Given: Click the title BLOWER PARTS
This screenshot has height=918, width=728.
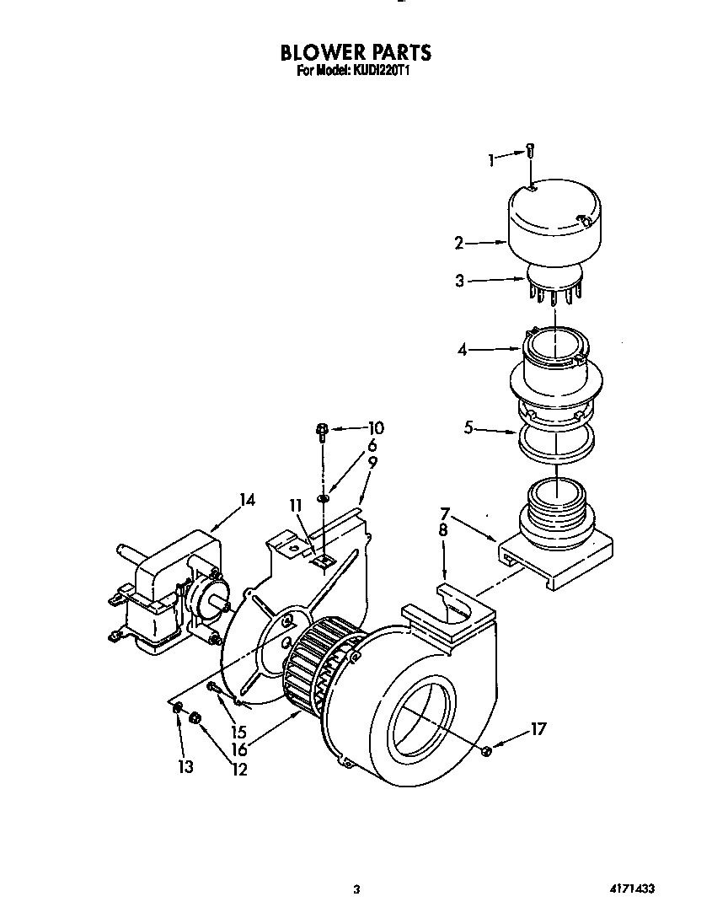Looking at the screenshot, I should tap(356, 52).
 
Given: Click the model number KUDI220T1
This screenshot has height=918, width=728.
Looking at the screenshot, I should tap(379, 72).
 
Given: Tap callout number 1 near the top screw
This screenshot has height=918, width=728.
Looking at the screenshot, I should tap(491, 158).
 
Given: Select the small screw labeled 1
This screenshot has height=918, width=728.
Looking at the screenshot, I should tap(529, 151).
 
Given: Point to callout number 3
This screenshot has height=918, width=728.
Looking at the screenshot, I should tap(459, 282).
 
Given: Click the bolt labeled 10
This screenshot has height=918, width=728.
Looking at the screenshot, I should tap(322, 432).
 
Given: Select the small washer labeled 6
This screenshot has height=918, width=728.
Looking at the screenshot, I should tap(324, 498).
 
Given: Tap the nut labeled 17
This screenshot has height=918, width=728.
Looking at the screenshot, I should tap(487, 750).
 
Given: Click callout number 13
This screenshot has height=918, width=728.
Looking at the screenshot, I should tap(185, 766).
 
